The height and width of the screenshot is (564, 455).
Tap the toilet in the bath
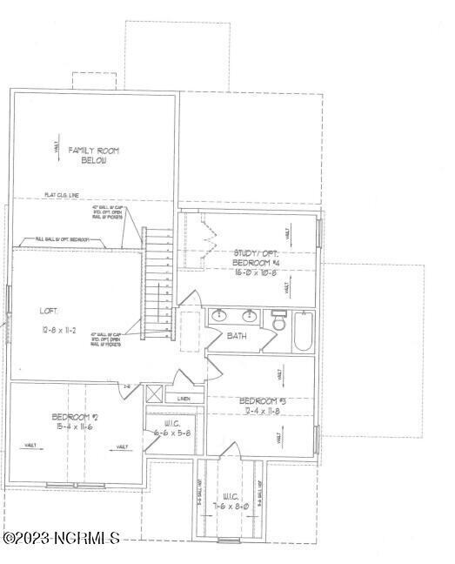279,322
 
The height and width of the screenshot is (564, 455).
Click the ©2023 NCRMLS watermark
60,539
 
